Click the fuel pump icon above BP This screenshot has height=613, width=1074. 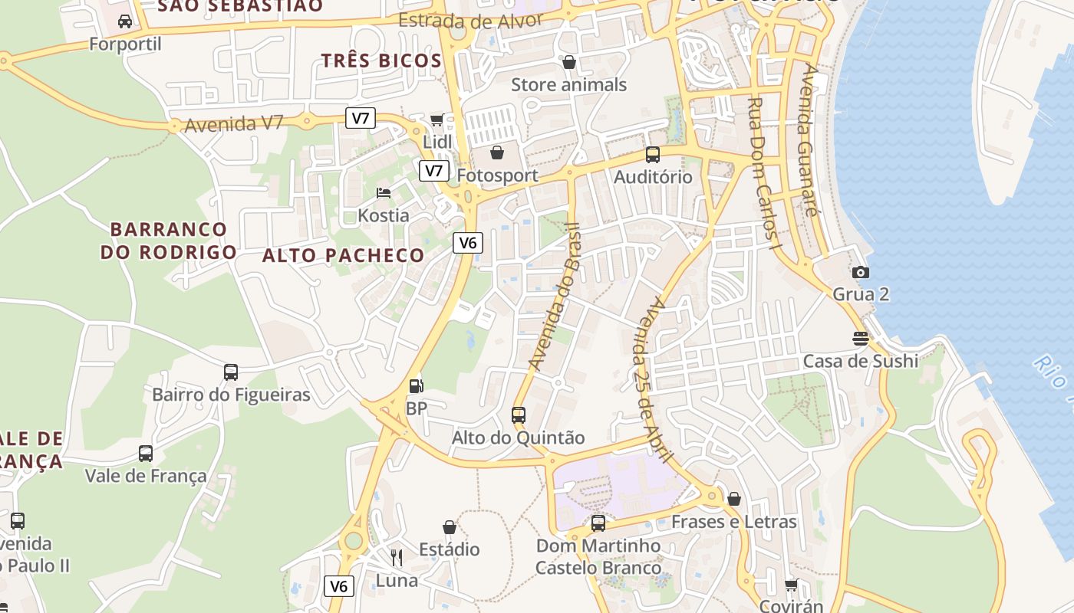click(x=416, y=385)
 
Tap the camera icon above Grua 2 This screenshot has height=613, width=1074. click(x=861, y=272)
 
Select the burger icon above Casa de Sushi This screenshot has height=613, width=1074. click(x=861, y=339)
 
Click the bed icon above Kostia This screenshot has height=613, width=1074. click(x=384, y=192)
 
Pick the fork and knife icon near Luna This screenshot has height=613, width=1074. click(x=397, y=557)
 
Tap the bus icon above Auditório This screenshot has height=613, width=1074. click(x=653, y=154)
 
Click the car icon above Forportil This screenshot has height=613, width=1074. click(x=125, y=21)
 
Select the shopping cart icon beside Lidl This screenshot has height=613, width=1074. click(x=437, y=120)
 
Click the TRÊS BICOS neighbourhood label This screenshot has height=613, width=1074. click(x=381, y=61)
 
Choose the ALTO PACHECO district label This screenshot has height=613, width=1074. click(x=343, y=255)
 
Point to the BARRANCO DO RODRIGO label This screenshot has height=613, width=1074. click(x=169, y=241)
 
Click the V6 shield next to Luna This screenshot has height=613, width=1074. click(x=339, y=586)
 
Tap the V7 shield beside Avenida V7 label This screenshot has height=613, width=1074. click(x=361, y=118)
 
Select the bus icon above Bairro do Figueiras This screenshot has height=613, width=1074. click(x=231, y=372)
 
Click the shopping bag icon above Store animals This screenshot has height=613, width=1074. click(x=569, y=62)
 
